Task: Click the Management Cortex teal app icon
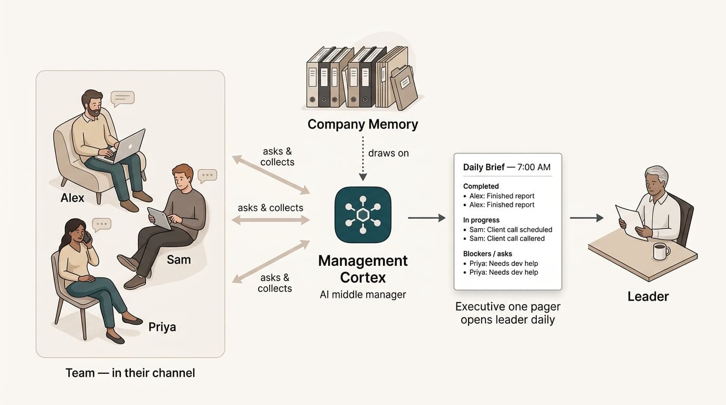362,215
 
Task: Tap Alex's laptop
125,148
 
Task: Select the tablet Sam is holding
159,218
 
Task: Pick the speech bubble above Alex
122,99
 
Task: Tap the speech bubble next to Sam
207,176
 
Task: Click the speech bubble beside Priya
101,225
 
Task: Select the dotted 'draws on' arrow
363,158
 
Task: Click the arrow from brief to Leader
587,218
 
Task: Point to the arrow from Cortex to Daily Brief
426,218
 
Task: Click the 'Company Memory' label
362,124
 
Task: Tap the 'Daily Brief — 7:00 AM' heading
507,167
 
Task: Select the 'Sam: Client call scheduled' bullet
508,230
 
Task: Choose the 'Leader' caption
648,296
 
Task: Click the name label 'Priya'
162,327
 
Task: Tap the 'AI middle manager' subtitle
362,294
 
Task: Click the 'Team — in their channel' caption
130,373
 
